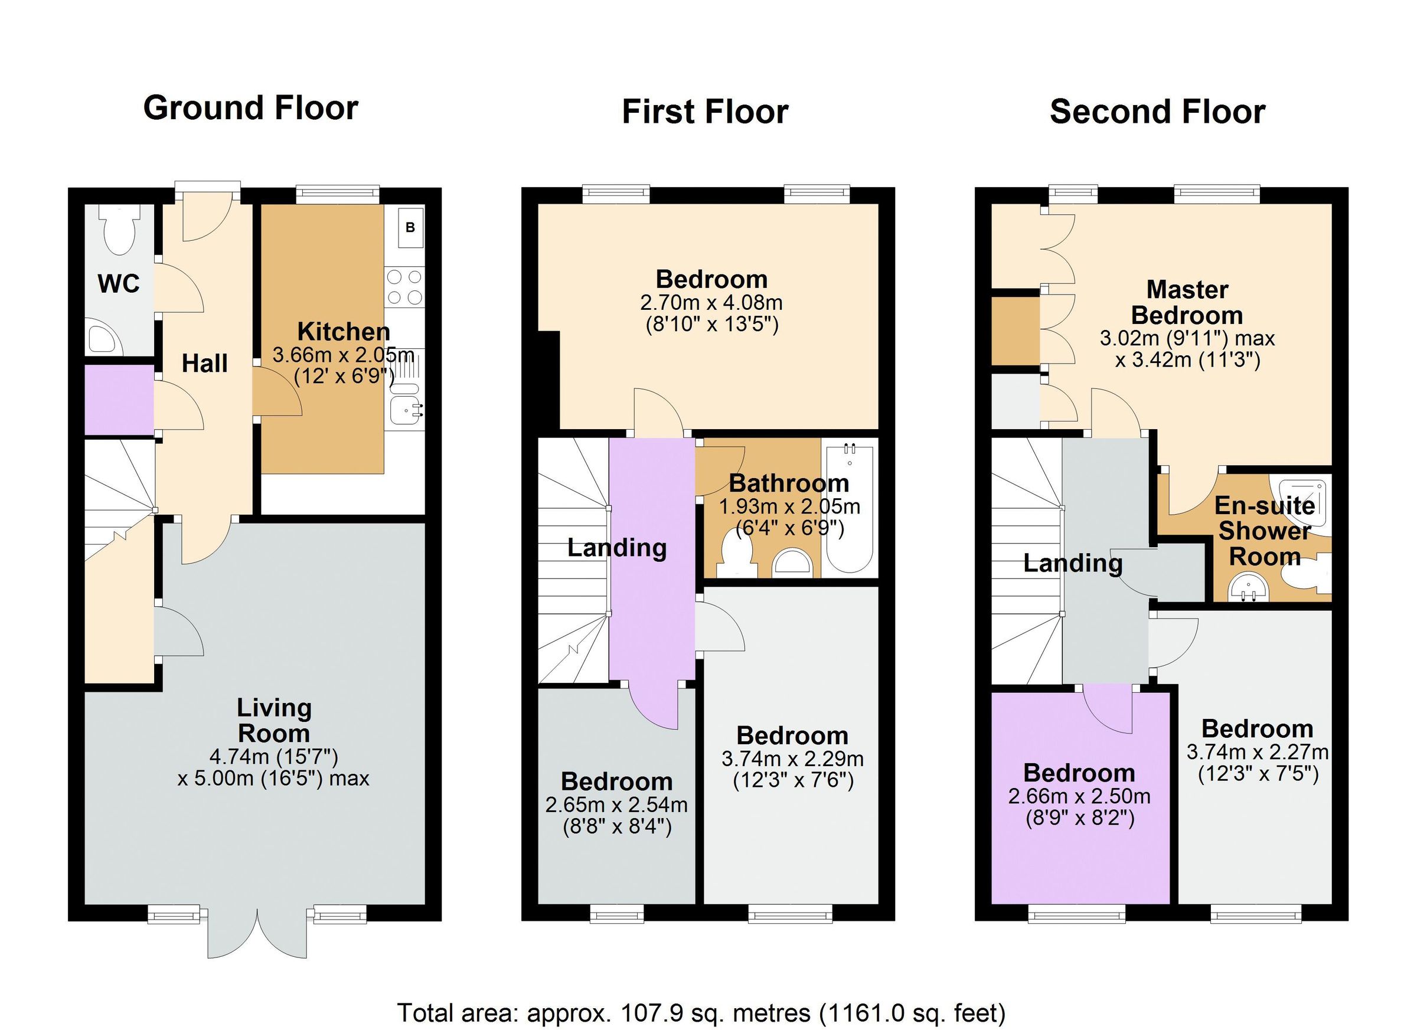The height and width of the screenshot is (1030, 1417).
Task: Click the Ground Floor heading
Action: pyautogui.click(x=250, y=107)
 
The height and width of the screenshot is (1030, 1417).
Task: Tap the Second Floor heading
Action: pyautogui.click(x=1157, y=112)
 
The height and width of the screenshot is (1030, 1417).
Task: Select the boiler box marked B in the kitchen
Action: pyautogui.click(x=410, y=227)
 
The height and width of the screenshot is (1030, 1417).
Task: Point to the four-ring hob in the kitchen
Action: pyautogui.click(x=404, y=287)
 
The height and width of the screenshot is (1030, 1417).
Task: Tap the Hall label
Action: pyautogui.click(x=204, y=364)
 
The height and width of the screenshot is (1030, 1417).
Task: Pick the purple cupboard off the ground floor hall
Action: pyautogui.click(x=119, y=400)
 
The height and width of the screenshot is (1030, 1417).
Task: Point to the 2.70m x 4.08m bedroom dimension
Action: pyautogui.click(x=711, y=303)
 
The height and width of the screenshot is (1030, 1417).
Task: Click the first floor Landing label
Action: pyautogui.click(x=616, y=548)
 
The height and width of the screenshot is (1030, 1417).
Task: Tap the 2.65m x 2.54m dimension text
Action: pyautogui.click(x=616, y=805)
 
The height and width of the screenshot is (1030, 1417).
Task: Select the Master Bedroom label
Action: pyautogui.click(x=1187, y=302)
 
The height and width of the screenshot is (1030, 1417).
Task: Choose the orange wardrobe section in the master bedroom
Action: pyautogui.click(x=1016, y=331)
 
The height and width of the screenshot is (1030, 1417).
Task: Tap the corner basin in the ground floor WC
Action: pyautogui.click(x=102, y=337)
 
